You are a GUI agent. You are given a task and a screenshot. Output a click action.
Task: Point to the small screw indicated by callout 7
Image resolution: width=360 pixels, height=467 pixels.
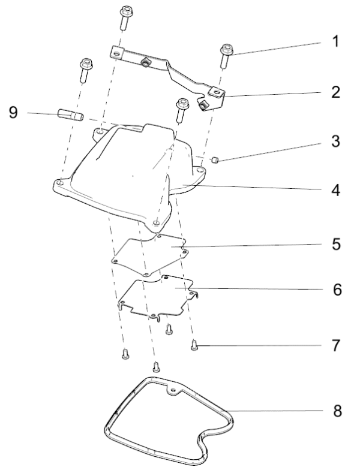(x=194, y=344)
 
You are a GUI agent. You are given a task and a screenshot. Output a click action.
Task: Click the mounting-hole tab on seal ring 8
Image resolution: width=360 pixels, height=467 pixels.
(x=175, y=391)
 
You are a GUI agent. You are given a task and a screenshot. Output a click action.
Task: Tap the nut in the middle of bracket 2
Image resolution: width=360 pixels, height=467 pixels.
(x=145, y=62)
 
